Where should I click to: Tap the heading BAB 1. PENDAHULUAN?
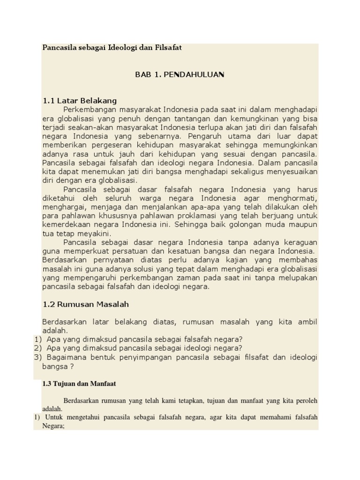[180, 75]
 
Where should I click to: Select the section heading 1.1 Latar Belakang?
[80, 101]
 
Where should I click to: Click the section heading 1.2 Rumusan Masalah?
[86, 304]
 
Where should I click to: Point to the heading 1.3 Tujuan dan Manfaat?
[79, 383]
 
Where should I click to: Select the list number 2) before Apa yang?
[38, 348]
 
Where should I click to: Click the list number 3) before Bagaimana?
[38, 357]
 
